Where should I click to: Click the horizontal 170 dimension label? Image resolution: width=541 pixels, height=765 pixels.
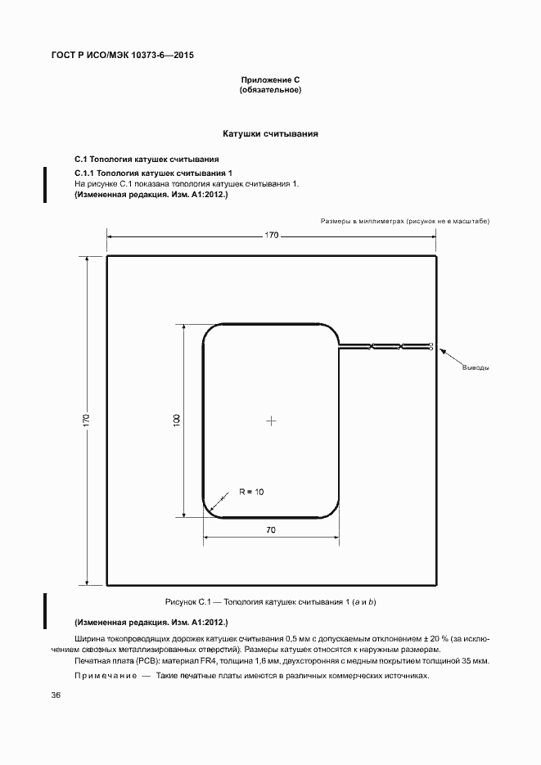[x=271, y=235]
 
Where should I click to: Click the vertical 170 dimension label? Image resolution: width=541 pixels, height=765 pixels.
[x=86, y=420]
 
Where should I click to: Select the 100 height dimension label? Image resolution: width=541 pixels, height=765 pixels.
[x=177, y=420]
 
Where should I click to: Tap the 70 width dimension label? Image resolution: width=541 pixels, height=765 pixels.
[x=271, y=530]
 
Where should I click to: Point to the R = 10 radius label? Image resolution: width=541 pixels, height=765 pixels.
[x=251, y=492]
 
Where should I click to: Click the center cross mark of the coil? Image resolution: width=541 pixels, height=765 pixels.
[x=271, y=421]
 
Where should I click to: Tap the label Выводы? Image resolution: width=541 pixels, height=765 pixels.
[x=476, y=367]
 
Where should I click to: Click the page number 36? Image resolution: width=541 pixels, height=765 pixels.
[x=56, y=696]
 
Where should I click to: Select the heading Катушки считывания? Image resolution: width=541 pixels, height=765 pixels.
[x=270, y=133]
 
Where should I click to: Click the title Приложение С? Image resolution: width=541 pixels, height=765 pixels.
[x=270, y=79]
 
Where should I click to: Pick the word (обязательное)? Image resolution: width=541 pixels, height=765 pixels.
[x=270, y=90]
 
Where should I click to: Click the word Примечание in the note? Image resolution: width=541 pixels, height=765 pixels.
[x=106, y=676]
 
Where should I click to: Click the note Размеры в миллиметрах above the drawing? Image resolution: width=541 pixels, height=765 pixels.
[x=363, y=221]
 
